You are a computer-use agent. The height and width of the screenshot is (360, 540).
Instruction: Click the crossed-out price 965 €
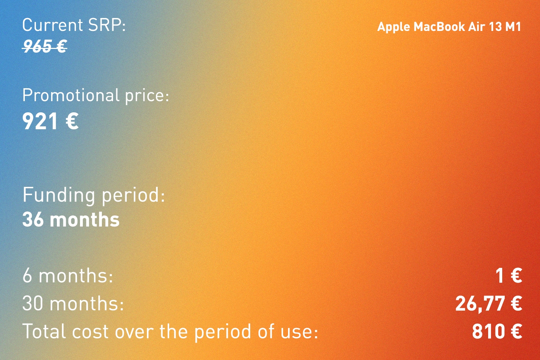pos(45,46)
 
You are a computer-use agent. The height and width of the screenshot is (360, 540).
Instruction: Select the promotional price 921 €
pos(50,121)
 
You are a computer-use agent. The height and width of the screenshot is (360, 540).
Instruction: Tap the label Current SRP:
pos(74,25)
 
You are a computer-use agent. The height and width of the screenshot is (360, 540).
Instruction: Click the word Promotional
pos(71,95)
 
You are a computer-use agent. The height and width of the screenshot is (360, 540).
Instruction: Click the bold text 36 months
pos(71,220)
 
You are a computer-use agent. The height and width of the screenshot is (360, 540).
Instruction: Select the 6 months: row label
pos(68,275)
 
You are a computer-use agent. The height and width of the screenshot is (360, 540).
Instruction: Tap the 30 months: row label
pos(73,303)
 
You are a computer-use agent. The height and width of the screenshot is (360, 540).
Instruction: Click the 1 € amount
pos(509,275)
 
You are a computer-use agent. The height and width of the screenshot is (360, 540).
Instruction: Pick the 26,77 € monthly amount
pos(489,303)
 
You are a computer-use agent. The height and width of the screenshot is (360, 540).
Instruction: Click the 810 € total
pos(497,332)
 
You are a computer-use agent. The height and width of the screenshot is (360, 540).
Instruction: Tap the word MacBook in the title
pos(439,27)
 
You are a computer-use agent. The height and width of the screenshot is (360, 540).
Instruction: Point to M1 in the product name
pos(513,27)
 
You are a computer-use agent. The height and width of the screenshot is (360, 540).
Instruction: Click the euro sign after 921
pos(72,121)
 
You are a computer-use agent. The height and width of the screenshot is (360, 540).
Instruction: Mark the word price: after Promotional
pos(147,96)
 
